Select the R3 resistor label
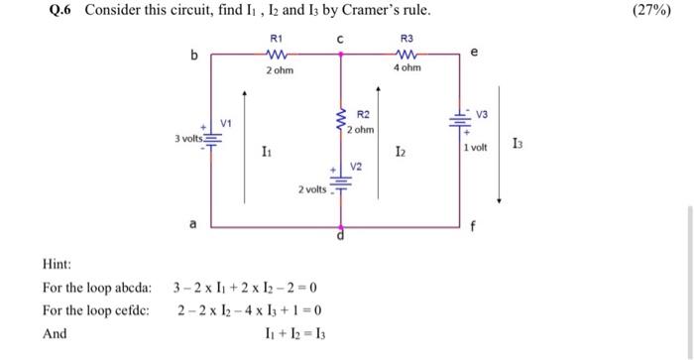[405, 37]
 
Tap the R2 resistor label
[362, 116]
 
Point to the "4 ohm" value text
[406, 68]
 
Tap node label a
[192, 224]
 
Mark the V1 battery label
[226, 124]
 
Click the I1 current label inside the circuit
[266, 151]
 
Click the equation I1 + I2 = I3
[289, 333]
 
